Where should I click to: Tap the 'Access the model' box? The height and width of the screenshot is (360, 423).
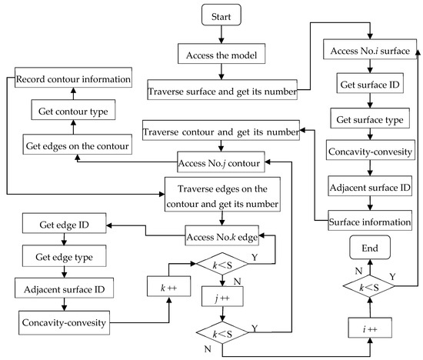coord(221,55)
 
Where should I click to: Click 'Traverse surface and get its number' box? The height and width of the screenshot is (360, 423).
coord(221,92)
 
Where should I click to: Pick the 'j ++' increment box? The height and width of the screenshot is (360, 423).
coord(221,296)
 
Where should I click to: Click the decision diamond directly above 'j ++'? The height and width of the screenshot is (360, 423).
coord(221,266)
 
